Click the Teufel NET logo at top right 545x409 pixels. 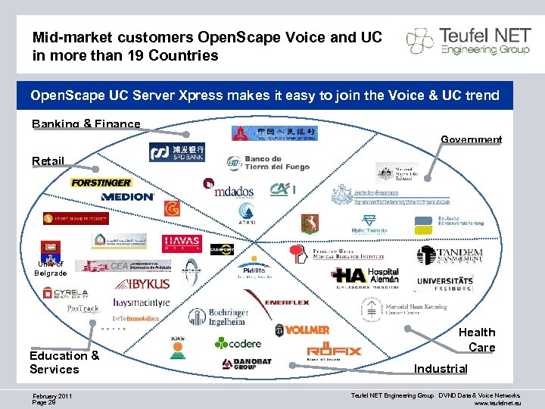point(466,41)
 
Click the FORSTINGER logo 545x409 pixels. point(101,183)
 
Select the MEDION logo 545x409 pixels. point(127,196)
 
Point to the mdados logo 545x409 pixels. point(229,190)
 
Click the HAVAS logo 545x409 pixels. point(182,243)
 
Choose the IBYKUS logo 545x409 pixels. point(142,283)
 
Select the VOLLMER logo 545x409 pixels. point(302,329)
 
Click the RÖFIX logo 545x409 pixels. point(334,351)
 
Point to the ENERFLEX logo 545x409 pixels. point(287,302)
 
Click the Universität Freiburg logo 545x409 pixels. point(455,285)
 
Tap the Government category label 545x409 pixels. point(471,139)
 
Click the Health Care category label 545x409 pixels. point(477,339)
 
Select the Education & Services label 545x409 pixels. point(64,362)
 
